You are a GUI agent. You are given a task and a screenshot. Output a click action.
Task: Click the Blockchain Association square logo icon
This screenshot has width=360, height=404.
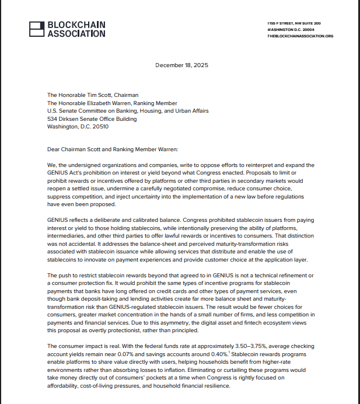coord(36,29)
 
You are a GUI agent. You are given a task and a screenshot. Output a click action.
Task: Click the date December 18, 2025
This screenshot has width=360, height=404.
coord(181,65)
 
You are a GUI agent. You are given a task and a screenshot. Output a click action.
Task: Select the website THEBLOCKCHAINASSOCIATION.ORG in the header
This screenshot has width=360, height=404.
coord(300,36)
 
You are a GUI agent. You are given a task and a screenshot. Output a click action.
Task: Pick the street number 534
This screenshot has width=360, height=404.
coord(53,119)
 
